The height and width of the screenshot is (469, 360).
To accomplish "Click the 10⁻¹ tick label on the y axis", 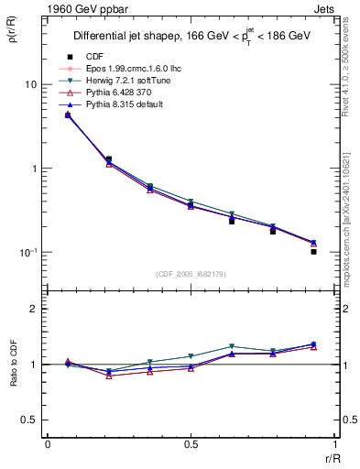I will tap(27, 253).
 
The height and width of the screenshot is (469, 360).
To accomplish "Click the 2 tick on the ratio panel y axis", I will tap(33, 309).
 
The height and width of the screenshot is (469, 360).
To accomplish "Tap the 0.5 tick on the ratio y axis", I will tap(28, 420).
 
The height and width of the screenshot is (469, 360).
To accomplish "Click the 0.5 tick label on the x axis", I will tap(191, 443).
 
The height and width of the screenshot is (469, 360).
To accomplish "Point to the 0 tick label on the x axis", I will tap(48, 443).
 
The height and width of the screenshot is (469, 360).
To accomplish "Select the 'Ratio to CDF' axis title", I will tap(11, 365).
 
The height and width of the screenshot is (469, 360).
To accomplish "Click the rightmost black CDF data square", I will tap(313, 251).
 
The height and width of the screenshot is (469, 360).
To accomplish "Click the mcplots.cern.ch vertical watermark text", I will tap(351, 229).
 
